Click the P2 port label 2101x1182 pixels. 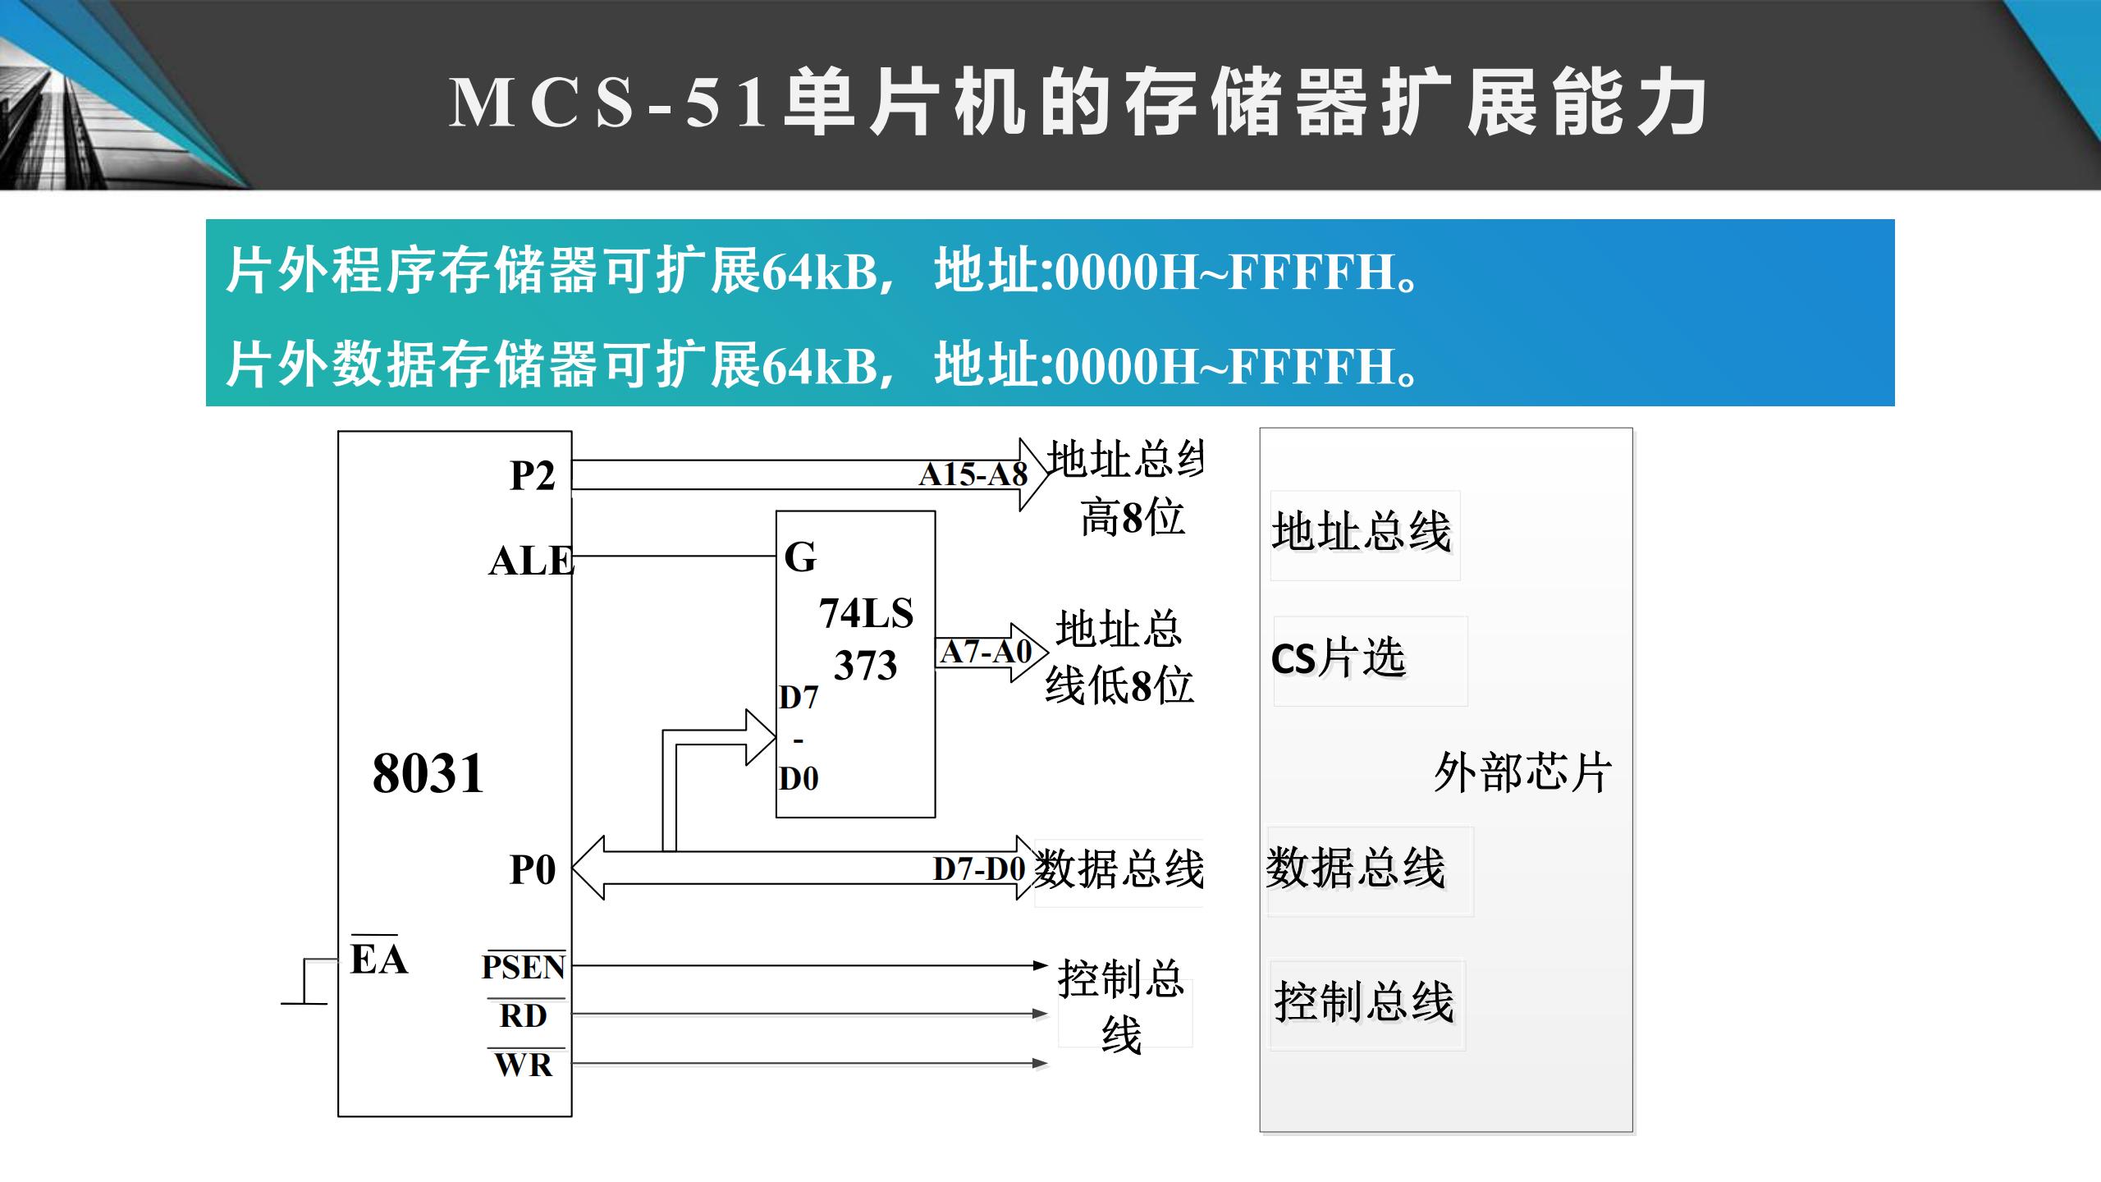(532, 476)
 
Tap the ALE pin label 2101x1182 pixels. (530, 562)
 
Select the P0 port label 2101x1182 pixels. (532, 870)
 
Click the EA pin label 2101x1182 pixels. (378, 959)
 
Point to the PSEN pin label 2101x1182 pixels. (524, 968)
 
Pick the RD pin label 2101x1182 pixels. (524, 1016)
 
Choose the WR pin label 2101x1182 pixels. (524, 1065)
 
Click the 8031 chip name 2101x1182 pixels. (428, 773)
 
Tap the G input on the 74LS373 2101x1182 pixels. (800, 558)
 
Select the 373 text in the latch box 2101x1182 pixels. (865, 666)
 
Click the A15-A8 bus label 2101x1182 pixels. (973, 474)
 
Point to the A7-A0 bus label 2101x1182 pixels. (986, 653)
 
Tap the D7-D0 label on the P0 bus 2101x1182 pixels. (979, 869)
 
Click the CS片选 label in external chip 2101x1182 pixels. (1339, 658)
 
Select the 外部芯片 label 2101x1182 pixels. (1522, 772)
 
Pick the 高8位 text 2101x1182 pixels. (1133, 518)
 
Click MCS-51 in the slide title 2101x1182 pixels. (608, 103)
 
